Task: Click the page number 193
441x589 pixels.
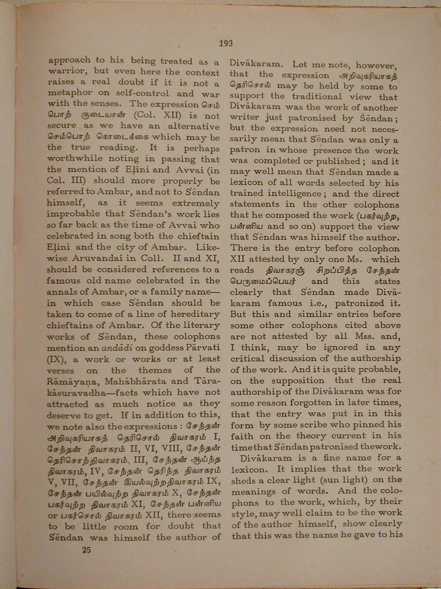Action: (x=226, y=43)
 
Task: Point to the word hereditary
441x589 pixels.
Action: (x=195, y=314)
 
